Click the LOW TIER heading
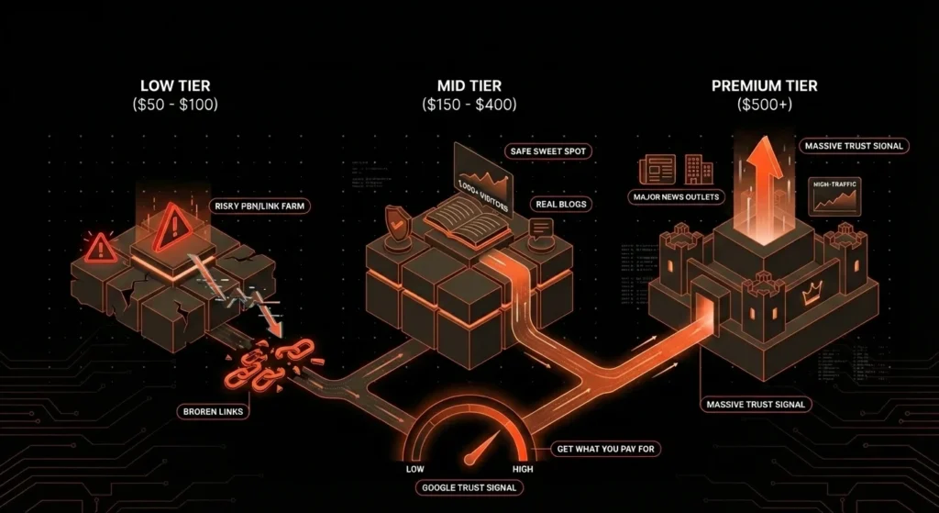(173, 85)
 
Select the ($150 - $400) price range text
(469, 105)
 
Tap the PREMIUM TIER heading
(764, 86)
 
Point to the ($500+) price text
(764, 105)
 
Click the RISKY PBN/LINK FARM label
(260, 206)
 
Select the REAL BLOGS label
(561, 203)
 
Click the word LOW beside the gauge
(414, 468)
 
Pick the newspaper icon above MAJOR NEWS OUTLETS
(657, 169)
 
